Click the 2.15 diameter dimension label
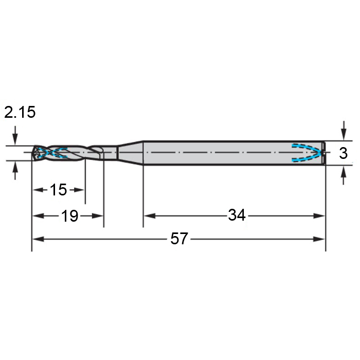coord(20,112)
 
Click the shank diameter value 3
coord(343,153)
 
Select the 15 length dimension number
coord(58,190)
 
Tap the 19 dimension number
coord(70,216)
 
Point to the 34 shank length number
coord(237,215)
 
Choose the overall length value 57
coord(179,239)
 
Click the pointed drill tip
coord(33,153)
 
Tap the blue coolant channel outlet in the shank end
coord(307,153)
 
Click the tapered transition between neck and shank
coord(130,153)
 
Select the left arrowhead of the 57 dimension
coord(38,239)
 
